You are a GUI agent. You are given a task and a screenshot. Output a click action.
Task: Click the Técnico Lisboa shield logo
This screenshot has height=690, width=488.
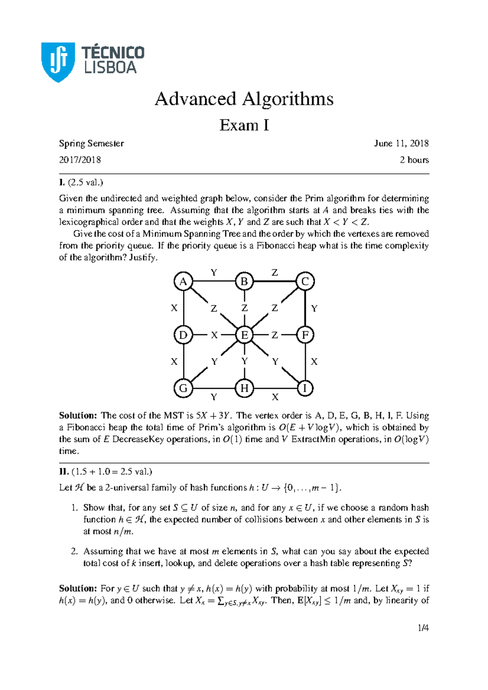(x=58, y=62)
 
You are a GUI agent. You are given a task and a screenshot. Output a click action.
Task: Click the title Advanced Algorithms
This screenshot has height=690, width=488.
(x=244, y=99)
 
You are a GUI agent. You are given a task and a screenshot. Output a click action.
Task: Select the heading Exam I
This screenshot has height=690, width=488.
(x=244, y=125)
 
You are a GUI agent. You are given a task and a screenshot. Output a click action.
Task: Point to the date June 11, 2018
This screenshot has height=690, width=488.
(x=401, y=143)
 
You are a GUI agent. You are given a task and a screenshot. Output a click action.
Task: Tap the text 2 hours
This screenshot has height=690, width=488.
(x=414, y=160)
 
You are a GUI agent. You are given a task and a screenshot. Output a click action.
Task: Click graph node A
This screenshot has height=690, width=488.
(x=183, y=282)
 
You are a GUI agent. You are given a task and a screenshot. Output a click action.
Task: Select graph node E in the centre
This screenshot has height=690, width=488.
(x=244, y=335)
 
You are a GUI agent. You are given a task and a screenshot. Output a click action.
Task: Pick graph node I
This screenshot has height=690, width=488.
(x=305, y=388)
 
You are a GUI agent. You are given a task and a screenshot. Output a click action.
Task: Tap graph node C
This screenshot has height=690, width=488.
(x=305, y=282)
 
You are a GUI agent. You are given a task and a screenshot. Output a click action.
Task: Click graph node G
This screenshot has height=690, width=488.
(x=183, y=388)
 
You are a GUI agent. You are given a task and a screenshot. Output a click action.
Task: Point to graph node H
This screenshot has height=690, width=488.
(x=244, y=388)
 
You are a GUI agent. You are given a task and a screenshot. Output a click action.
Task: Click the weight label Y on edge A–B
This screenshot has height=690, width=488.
(x=214, y=273)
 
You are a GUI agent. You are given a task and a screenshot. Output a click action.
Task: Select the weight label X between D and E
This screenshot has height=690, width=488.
(x=214, y=335)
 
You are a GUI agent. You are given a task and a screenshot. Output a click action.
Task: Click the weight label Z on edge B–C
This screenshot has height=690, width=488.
(x=275, y=273)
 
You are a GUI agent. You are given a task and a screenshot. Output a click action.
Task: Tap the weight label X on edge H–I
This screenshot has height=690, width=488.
(x=275, y=397)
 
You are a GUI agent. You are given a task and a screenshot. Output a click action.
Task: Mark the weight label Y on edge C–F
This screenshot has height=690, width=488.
(x=314, y=308)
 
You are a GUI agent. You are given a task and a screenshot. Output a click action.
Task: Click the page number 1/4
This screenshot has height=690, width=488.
(x=423, y=628)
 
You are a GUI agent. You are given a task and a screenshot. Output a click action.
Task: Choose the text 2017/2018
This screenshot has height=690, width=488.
(x=80, y=160)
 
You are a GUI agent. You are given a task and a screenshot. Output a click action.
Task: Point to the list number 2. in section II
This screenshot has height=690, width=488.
(x=74, y=551)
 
